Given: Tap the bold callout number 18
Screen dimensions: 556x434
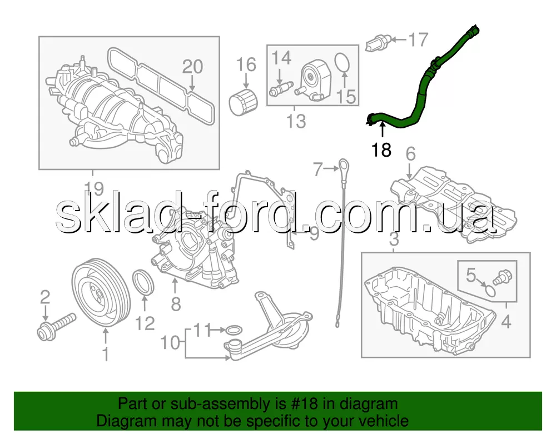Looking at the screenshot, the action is tap(381, 150).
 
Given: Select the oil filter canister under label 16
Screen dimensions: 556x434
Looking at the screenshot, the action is tap(243, 102).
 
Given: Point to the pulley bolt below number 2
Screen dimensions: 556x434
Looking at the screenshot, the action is tap(56, 327).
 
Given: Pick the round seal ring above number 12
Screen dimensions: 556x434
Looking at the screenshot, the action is tap(143, 282).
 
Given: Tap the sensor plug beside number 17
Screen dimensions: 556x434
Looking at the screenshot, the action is tap(378, 43).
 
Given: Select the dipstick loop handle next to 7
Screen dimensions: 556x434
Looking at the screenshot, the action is tap(343, 168).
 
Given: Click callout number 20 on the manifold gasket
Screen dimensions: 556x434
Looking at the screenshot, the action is tap(192, 67).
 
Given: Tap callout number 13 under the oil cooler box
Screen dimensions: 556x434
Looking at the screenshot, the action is tap(296, 121).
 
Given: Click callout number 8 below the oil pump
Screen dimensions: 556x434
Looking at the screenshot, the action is tap(176, 304).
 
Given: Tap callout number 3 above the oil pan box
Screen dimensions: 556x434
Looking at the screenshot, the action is tap(394, 240).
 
